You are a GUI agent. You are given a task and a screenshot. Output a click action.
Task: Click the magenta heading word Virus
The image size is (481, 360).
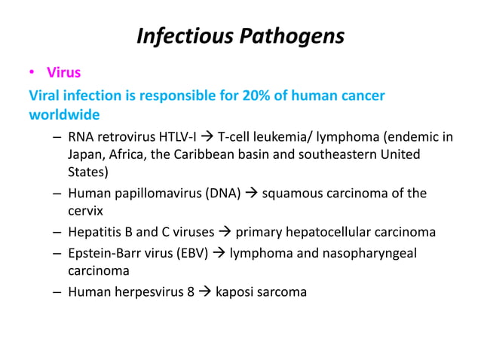pyautogui.click(x=63, y=74)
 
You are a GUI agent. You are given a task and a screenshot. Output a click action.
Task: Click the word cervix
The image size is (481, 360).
pyautogui.click(x=85, y=212)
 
